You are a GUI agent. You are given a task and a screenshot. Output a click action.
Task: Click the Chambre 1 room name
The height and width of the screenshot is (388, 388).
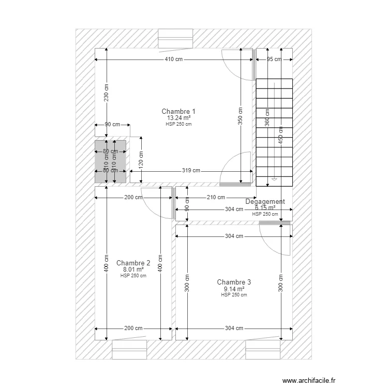[x=178, y=111]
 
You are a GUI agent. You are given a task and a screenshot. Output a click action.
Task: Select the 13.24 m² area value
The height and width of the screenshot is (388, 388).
[x=178, y=118]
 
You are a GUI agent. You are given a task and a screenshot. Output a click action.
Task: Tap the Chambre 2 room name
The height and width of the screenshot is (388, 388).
[x=133, y=263]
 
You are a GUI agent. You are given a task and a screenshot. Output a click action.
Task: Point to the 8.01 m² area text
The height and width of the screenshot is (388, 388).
[x=133, y=270]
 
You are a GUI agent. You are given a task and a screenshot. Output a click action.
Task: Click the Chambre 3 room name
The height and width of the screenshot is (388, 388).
[x=234, y=282]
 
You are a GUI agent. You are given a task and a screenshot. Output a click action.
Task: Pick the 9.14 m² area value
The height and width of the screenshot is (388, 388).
[x=234, y=289]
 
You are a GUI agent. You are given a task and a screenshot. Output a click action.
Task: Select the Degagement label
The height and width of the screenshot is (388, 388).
[x=265, y=202]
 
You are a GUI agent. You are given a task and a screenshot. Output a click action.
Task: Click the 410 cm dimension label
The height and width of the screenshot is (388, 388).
[x=174, y=59]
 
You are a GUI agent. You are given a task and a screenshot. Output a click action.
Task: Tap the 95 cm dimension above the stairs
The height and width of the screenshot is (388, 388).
[x=274, y=59]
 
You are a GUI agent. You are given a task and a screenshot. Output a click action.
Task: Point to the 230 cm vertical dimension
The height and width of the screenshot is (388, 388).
[x=106, y=93]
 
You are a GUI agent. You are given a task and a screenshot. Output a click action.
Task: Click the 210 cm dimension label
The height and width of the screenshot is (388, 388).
[x=216, y=197]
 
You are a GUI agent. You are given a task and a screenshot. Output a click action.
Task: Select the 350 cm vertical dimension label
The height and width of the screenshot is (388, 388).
[x=241, y=116]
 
